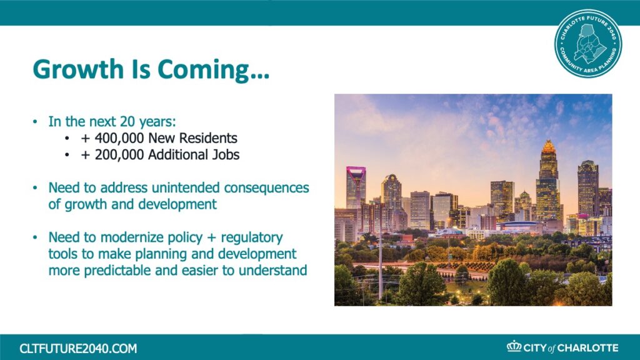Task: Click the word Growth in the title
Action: pyautogui.click(x=78, y=69)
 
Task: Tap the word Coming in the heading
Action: pyautogui.click(x=203, y=70)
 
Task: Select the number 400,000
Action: pyautogui.click(x=119, y=138)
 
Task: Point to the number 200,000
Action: pyautogui.click(x=119, y=155)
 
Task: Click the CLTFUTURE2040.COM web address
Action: pyautogui.click(x=78, y=349)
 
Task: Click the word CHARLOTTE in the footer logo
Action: pyautogui.click(x=587, y=348)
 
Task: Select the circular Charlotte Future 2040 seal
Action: pyautogui.click(x=588, y=44)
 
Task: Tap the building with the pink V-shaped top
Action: pyautogui.click(x=356, y=187)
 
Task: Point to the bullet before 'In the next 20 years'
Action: pyautogui.click(x=35, y=122)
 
